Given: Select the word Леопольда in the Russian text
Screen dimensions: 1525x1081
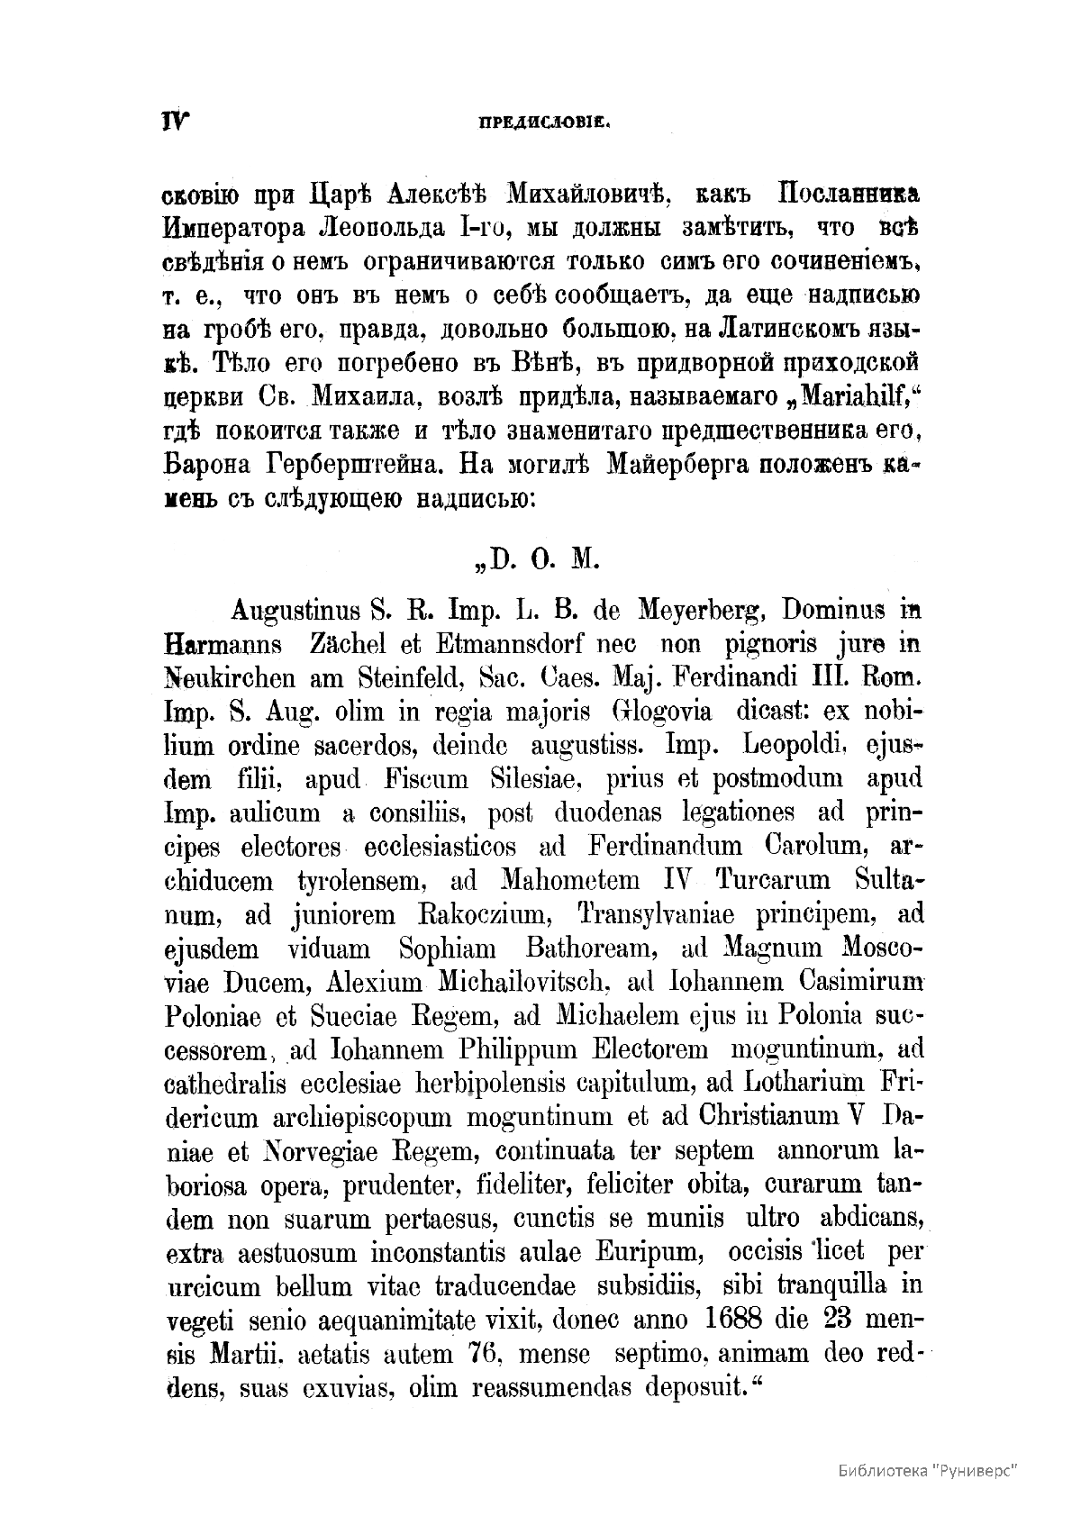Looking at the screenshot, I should point(378,229).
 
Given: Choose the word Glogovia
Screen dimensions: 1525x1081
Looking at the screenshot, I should point(660,713).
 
